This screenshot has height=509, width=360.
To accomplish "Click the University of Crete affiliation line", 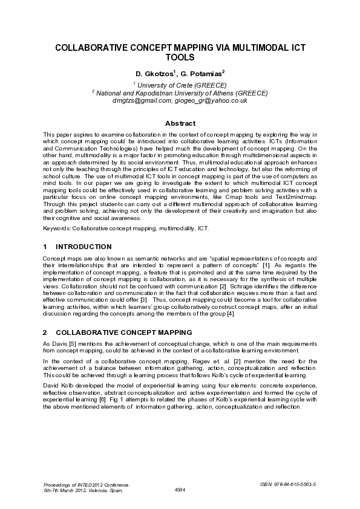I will pos(180,85).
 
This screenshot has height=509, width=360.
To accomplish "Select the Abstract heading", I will pos(180,123).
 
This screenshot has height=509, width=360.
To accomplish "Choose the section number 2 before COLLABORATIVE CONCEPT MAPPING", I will pos(45,332).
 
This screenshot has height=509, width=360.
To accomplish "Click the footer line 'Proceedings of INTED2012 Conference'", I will pos(88,484).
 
